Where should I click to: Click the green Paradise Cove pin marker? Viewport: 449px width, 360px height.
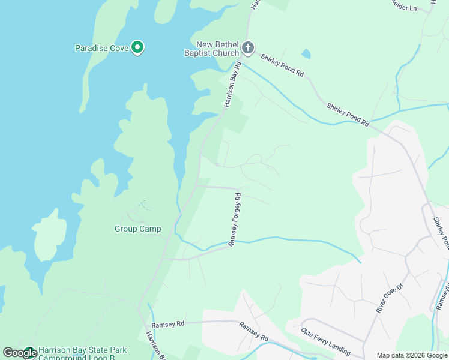[137, 47]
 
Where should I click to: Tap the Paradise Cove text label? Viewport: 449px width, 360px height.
[101, 48]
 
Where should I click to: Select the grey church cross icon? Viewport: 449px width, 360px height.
[248, 47]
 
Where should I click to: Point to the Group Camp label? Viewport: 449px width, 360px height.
[138, 229]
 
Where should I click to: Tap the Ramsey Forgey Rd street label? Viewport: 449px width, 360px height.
[234, 220]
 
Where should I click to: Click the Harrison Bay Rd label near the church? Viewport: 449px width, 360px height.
[232, 85]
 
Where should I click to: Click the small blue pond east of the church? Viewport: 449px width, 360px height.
[306, 54]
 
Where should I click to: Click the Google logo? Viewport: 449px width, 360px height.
[20, 353]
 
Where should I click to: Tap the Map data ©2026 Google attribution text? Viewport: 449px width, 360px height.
[411, 355]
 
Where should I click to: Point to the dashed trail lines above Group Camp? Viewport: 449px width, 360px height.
[143, 205]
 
